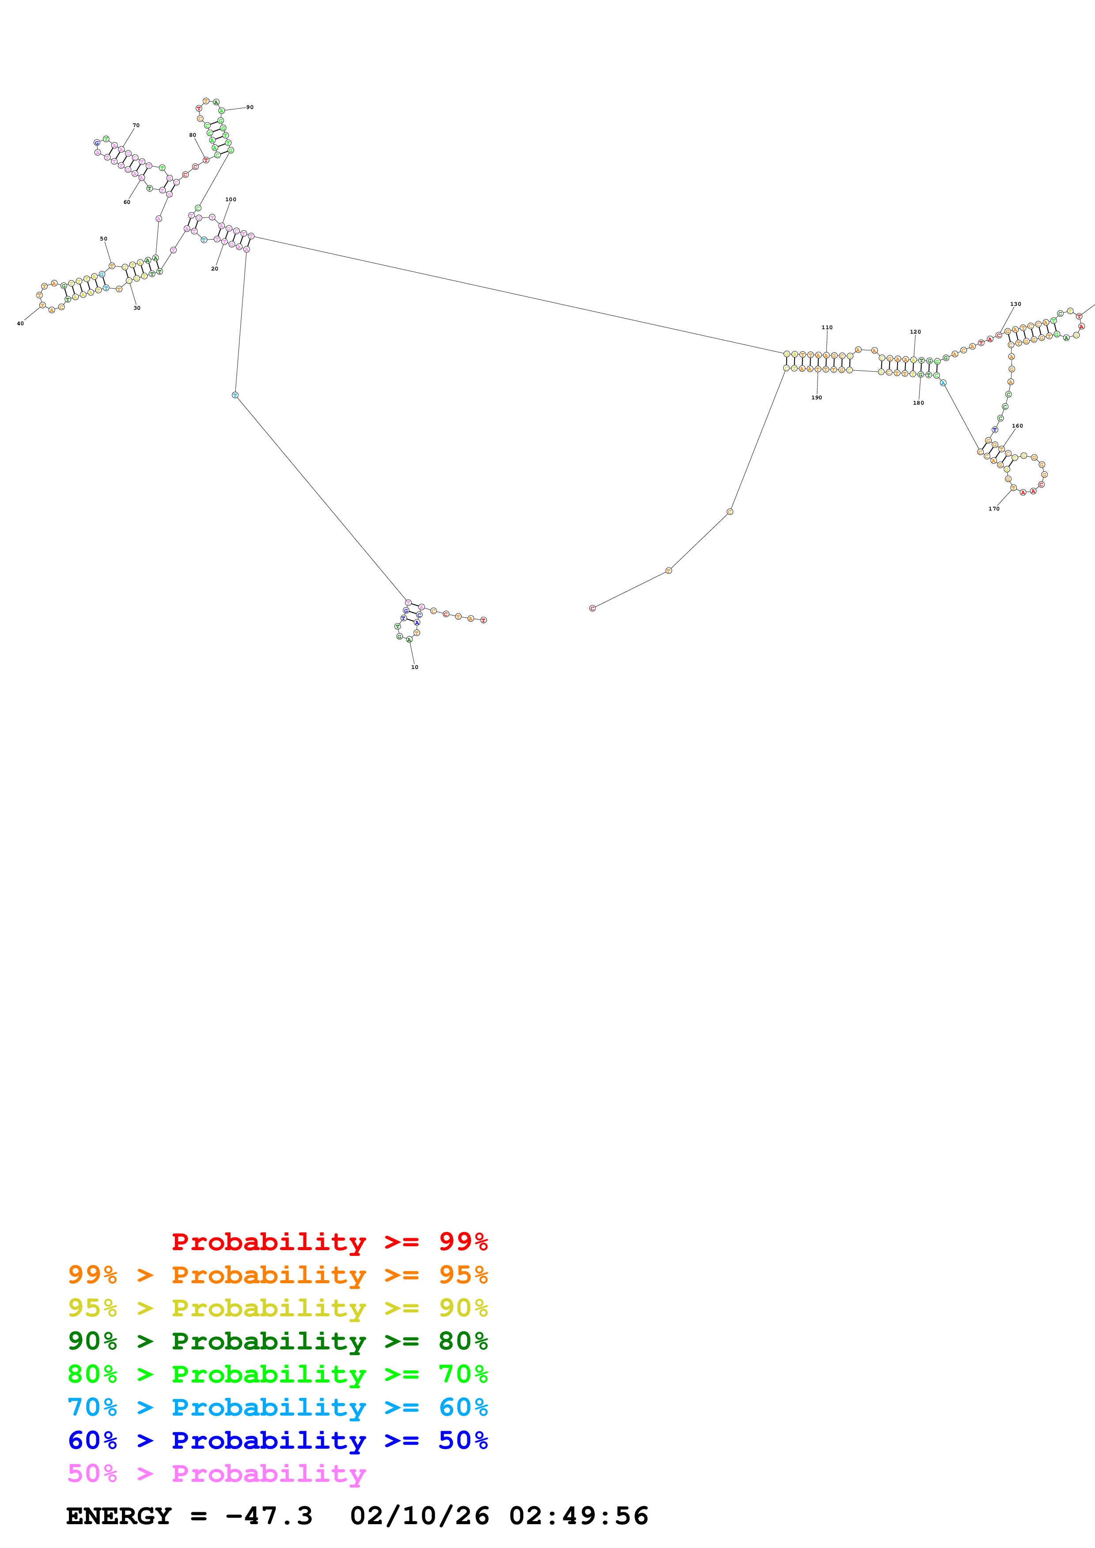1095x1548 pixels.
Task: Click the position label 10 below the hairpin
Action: [x=414, y=667]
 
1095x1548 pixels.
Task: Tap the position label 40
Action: [x=20, y=323]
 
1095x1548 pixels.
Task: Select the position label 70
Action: [x=136, y=125]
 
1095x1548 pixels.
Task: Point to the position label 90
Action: [x=250, y=107]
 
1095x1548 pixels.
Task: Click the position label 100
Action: [x=231, y=199]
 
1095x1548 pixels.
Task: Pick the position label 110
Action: [x=826, y=328]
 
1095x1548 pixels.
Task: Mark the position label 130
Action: [x=1015, y=304]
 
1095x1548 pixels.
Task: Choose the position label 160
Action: [x=1017, y=426]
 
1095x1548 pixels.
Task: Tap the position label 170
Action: [x=994, y=509]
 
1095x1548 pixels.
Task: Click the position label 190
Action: [x=816, y=398]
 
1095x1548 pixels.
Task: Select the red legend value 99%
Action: [x=463, y=1242]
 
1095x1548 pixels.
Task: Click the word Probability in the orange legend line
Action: [x=269, y=1276]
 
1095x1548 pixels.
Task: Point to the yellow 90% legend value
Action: [x=463, y=1309]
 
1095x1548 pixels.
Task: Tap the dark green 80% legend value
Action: [x=463, y=1341]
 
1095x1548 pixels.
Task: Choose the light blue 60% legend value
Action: [x=463, y=1408]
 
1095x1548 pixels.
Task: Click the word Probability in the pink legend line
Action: [x=269, y=1474]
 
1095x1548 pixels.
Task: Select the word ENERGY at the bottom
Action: [x=119, y=1516]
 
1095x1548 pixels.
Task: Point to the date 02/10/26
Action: [x=420, y=1516]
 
